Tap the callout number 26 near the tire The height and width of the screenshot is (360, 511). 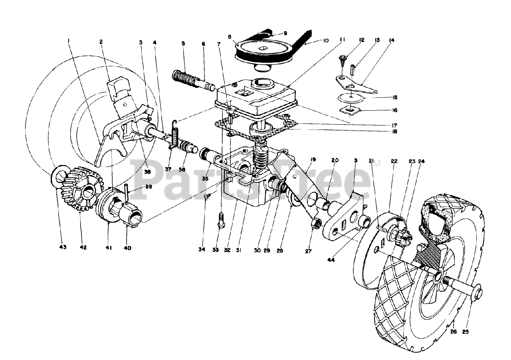point(454,331)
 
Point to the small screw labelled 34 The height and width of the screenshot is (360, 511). point(207,196)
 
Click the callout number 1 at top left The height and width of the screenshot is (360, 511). point(69,41)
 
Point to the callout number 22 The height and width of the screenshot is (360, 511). point(394,161)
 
